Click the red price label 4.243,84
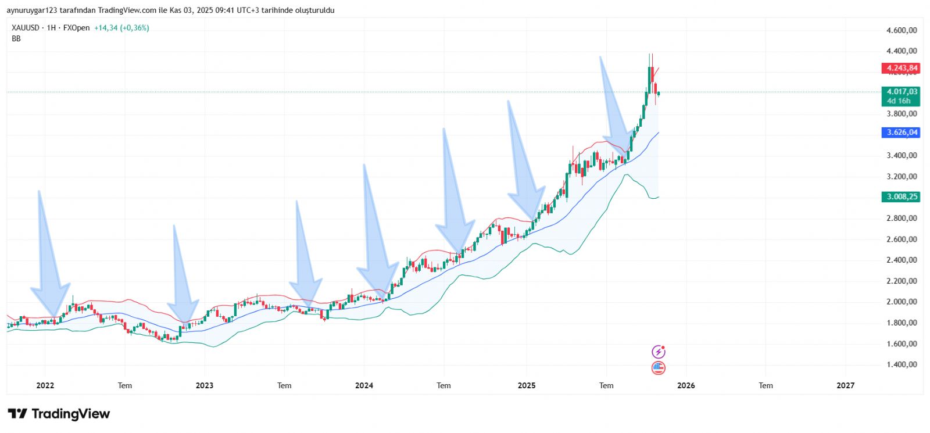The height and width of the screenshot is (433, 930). coord(901,68)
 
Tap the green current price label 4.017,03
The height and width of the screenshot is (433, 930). coord(901,92)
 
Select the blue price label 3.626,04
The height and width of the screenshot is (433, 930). coord(901,133)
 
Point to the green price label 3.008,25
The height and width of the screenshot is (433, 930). coord(901,197)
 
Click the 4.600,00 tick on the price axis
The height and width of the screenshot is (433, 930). coord(902,30)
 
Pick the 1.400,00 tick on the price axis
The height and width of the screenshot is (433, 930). coord(902,364)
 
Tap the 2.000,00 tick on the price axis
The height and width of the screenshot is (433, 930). coord(902,302)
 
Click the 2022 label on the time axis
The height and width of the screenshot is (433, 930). coord(45,385)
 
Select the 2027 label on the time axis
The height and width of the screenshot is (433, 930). coord(845,385)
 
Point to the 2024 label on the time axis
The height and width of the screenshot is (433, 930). coord(364,385)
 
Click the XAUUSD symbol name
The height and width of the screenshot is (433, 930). coord(26,28)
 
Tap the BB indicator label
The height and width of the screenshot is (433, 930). coord(16,38)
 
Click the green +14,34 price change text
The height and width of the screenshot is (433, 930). coord(106,28)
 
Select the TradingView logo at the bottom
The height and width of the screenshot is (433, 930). coord(59,414)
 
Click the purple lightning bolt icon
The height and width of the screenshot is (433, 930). coord(658,352)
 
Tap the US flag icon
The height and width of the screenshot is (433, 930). coord(658,367)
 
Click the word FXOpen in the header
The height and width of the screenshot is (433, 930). coord(76,28)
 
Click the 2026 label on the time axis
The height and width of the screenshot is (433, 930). coord(686,385)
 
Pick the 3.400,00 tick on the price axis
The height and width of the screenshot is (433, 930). coord(902,155)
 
